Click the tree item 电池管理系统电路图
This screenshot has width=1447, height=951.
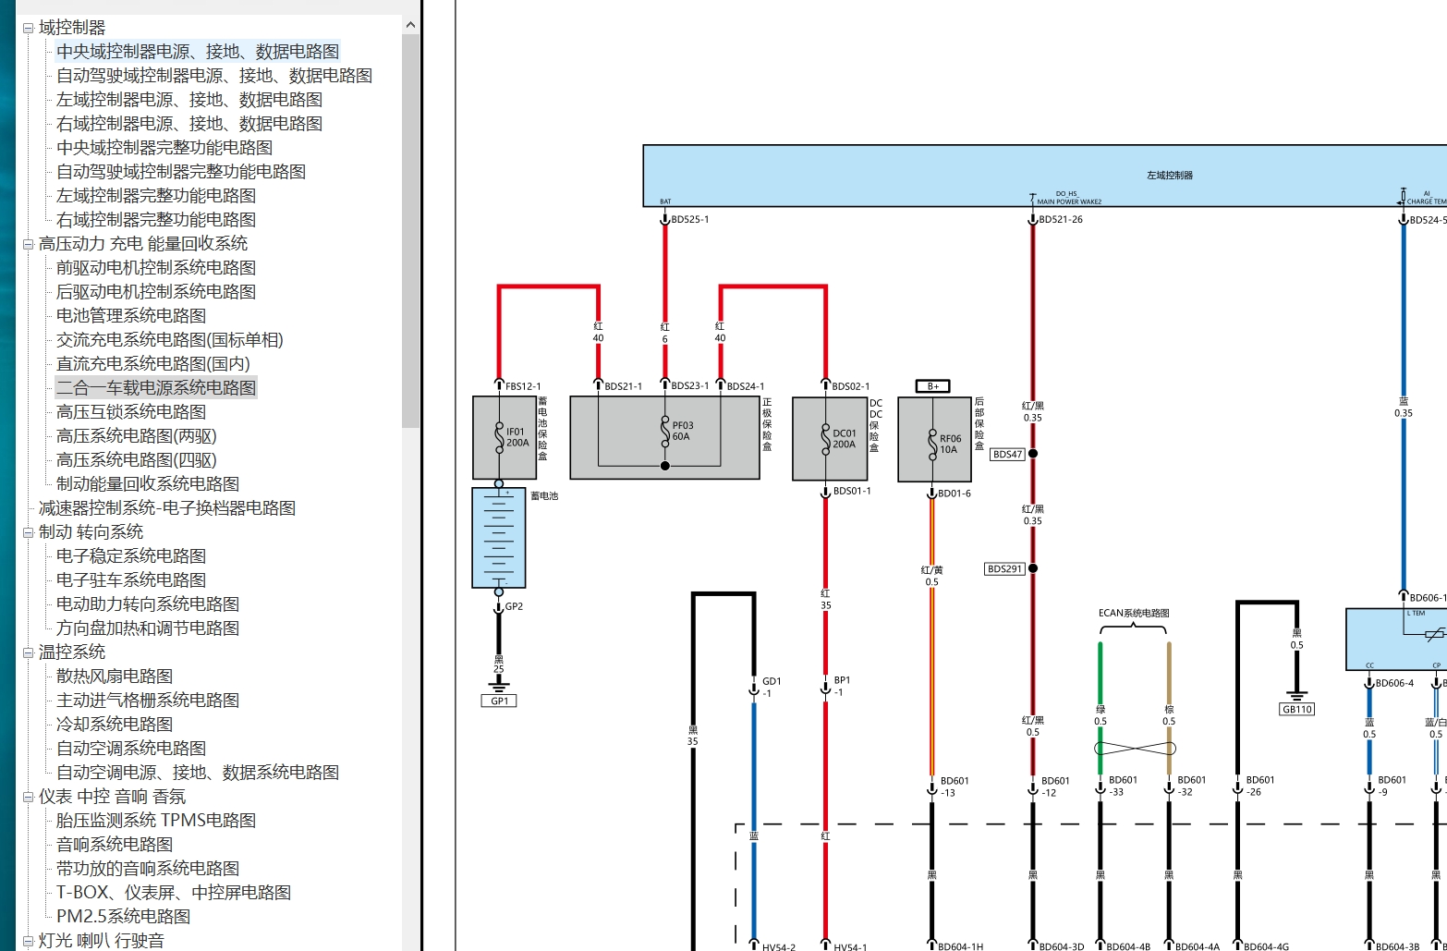pyautogui.click(x=130, y=316)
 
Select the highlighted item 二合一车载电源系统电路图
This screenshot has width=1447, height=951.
pyautogui.click(x=155, y=388)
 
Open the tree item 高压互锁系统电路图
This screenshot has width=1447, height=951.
pyautogui.click(x=130, y=412)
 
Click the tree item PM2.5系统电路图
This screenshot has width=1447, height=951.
pyautogui.click(x=123, y=917)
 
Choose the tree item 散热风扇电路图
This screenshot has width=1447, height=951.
pyautogui.click(x=114, y=677)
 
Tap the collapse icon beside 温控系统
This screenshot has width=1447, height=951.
pyautogui.click(x=28, y=653)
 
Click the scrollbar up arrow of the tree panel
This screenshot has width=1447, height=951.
pyautogui.click(x=411, y=26)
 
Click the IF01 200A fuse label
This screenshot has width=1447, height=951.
pyautogui.click(x=517, y=437)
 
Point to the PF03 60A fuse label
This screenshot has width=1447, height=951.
pyautogui.click(x=682, y=432)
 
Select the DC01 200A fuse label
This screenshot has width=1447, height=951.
pyautogui.click(x=844, y=439)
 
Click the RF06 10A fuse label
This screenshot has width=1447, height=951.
pyautogui.click(x=950, y=445)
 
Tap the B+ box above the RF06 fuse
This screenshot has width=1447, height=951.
pyautogui.click(x=932, y=386)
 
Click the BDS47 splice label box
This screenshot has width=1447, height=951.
pyautogui.click(x=1007, y=455)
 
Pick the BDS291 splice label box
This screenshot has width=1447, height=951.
pyautogui.click(x=1004, y=569)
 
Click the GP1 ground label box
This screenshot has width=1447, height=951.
pyautogui.click(x=499, y=701)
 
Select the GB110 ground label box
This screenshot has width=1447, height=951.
pyautogui.click(x=1296, y=710)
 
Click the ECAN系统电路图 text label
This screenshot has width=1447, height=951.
pyautogui.click(x=1134, y=613)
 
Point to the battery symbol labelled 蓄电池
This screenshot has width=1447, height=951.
pyautogui.click(x=499, y=538)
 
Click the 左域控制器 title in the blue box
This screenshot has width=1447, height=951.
pyautogui.click(x=1169, y=175)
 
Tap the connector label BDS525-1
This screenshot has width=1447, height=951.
pyautogui.click(x=690, y=220)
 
